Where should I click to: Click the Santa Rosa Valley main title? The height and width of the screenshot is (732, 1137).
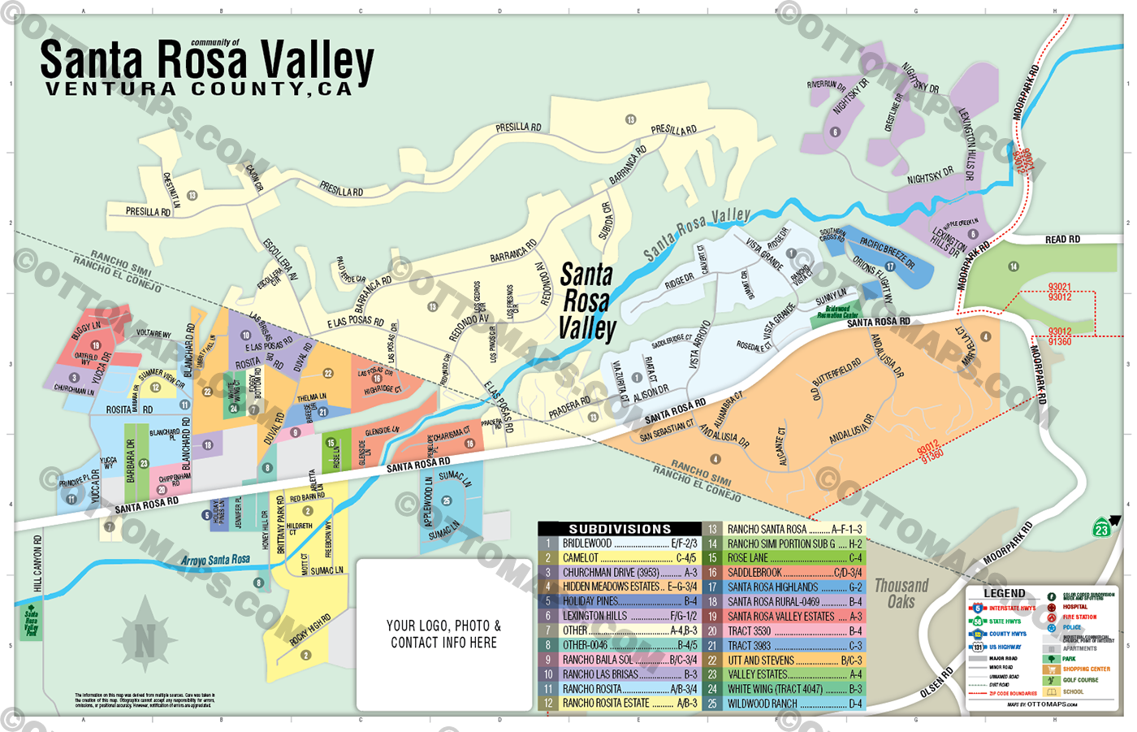(x=207, y=62)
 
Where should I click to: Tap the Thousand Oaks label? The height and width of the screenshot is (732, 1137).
(x=901, y=594)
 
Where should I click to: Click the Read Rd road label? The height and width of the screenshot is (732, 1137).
(x=1062, y=239)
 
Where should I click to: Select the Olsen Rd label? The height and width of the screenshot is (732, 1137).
(x=937, y=683)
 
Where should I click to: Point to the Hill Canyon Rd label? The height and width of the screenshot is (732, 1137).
(x=38, y=562)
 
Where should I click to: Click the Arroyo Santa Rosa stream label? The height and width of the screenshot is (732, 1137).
(x=215, y=561)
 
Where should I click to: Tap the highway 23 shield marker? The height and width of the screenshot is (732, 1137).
(x=1101, y=528)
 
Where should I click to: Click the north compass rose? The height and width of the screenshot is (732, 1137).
(x=145, y=640)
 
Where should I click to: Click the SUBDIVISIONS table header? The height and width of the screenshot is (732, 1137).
(x=619, y=529)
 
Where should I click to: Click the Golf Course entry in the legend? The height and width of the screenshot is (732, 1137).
(x=1079, y=680)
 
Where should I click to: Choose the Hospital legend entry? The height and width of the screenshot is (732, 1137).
(x=1074, y=607)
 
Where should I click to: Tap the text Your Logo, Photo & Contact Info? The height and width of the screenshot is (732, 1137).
(x=443, y=634)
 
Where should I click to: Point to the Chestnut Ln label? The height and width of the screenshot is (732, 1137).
(x=172, y=190)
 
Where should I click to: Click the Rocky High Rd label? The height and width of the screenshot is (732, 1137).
(x=310, y=630)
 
